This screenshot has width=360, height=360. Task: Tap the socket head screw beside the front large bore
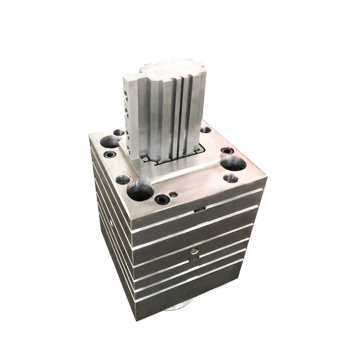[162, 198]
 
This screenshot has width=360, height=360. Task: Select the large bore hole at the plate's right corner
[233, 163]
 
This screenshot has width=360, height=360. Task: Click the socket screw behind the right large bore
[228, 151]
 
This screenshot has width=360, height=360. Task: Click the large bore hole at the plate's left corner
[110, 142]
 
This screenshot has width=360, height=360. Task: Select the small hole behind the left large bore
[119, 133]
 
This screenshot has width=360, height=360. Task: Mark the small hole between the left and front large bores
[122, 180]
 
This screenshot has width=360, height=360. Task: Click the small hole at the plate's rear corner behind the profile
[205, 130]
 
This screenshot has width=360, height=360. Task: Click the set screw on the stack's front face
[194, 251]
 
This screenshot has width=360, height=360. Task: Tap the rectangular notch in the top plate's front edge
[200, 209]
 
